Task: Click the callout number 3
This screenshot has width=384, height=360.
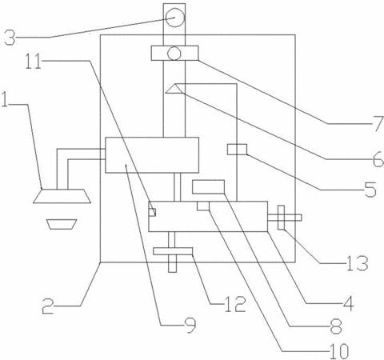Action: click(10, 38)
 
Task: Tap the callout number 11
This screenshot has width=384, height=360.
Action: click(34, 61)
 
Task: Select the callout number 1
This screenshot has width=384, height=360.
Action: click(5, 100)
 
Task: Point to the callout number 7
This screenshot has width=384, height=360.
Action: click(378, 124)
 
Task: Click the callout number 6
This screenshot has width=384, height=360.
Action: click(378, 159)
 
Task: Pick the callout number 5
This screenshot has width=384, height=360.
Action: click(370, 190)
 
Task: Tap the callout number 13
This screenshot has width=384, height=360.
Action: click(358, 263)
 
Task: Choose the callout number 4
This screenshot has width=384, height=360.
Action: click(349, 303)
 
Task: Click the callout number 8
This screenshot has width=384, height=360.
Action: click(336, 326)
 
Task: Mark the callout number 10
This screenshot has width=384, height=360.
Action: click(339, 351)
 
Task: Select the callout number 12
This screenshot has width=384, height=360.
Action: click(235, 304)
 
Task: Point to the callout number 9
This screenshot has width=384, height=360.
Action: click(190, 326)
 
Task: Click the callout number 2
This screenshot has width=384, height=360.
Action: click(48, 306)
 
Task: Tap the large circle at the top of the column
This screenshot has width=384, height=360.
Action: click(174, 18)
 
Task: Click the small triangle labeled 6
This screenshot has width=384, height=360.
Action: click(174, 89)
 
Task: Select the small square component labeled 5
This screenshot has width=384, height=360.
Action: click(237, 150)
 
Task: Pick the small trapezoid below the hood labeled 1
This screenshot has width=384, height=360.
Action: click(62, 224)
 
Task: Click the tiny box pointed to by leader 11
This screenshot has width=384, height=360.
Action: click(152, 212)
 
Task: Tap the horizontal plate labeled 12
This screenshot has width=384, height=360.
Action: click(173, 251)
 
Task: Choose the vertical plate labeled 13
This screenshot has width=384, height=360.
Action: click(282, 218)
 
